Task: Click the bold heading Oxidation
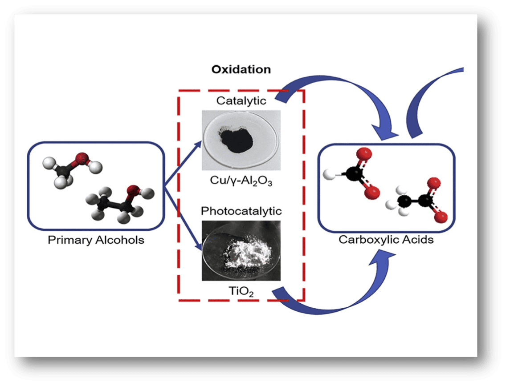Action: point(241,70)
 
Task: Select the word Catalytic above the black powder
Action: point(241,101)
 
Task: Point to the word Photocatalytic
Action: point(241,210)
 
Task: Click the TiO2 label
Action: point(241,292)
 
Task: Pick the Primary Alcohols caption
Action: point(96,241)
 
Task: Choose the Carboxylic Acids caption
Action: point(386,240)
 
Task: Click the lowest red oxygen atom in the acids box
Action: point(441,217)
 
